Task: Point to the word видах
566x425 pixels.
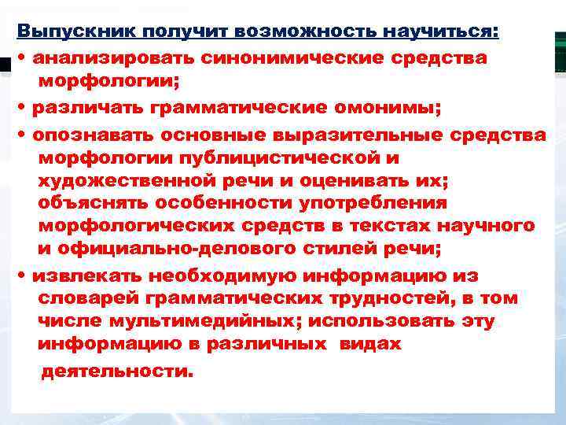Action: coord(370,345)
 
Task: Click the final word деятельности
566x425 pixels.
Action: coord(116,371)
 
